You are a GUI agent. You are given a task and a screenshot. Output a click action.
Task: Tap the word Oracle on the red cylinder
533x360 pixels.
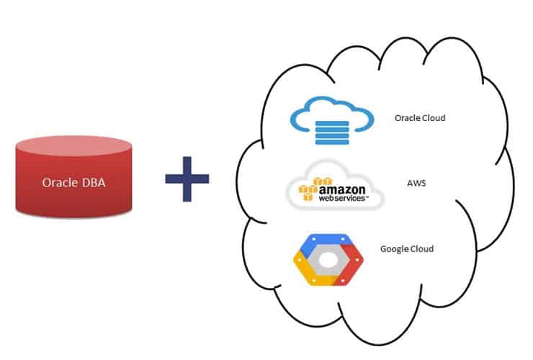[x=61, y=181]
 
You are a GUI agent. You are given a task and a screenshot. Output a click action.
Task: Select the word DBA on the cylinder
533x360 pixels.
[x=91, y=181]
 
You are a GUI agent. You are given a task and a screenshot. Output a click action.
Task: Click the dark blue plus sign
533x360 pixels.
[x=187, y=176]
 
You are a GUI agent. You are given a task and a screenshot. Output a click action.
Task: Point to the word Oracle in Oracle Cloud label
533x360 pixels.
[x=407, y=117]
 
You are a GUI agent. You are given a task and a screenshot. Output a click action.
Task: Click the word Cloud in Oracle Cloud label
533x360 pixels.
[x=434, y=117]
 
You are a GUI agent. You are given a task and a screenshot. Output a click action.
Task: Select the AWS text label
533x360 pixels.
[x=417, y=183]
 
